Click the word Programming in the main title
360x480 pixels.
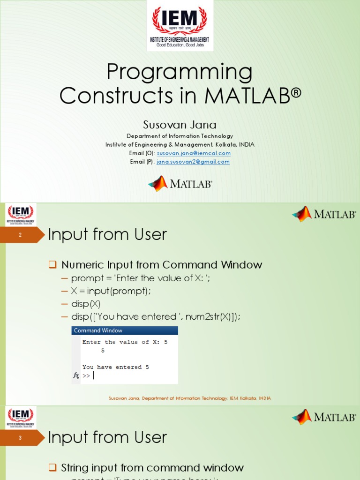click(180, 72)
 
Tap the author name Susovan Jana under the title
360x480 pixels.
click(180, 125)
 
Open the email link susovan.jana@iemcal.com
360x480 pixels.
click(194, 153)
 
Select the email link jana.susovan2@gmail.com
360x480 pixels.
click(193, 162)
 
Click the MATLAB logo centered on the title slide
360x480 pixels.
click(180, 184)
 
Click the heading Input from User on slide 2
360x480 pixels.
click(107, 234)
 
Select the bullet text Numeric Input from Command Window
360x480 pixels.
click(161, 265)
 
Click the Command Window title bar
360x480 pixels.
click(125, 330)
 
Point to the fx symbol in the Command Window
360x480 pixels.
click(76, 375)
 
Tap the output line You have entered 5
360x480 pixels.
click(115, 367)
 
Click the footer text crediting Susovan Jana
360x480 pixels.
click(189, 398)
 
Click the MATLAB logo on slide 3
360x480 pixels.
click(324, 417)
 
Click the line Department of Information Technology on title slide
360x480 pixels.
click(180, 136)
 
